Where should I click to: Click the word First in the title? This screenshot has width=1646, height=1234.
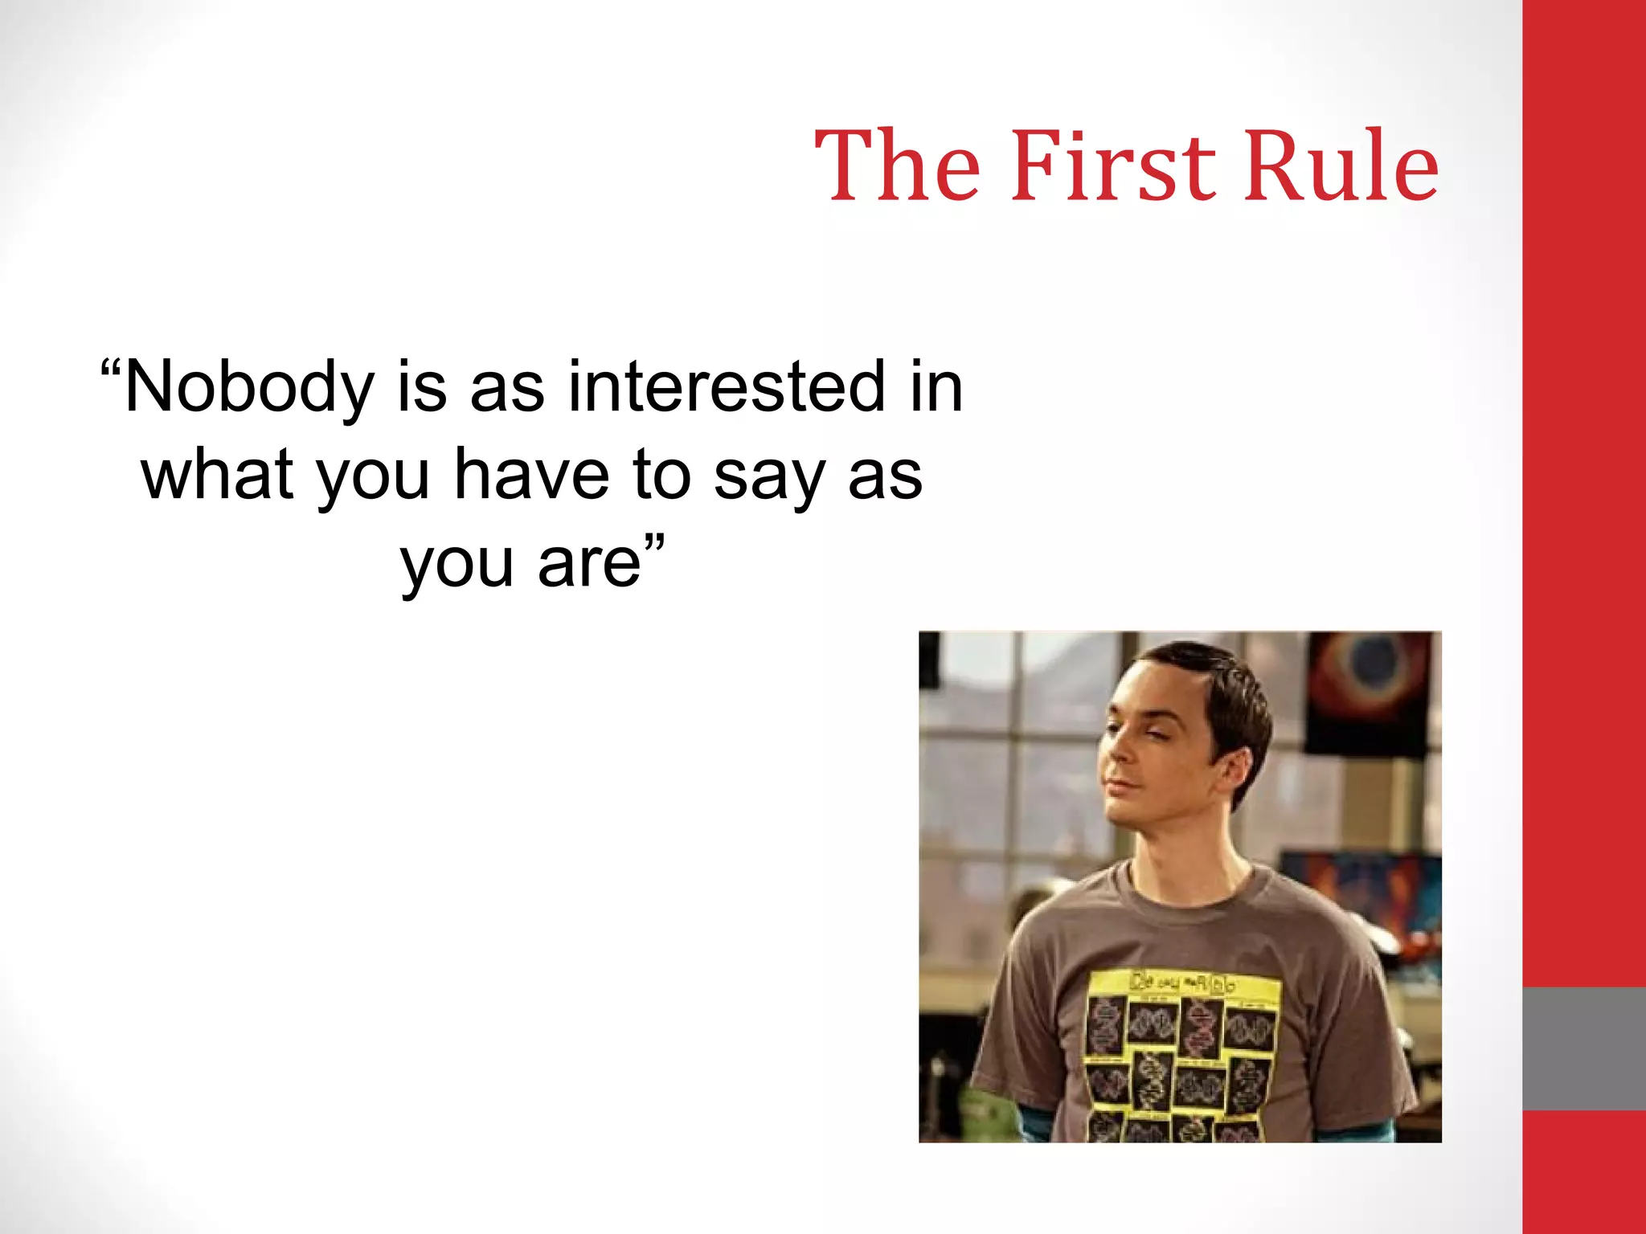click(x=1113, y=165)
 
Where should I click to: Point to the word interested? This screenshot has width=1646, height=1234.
click(x=727, y=388)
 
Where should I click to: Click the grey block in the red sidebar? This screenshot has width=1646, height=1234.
click(x=1583, y=1048)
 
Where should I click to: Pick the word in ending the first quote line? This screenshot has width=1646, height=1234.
click(x=936, y=388)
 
